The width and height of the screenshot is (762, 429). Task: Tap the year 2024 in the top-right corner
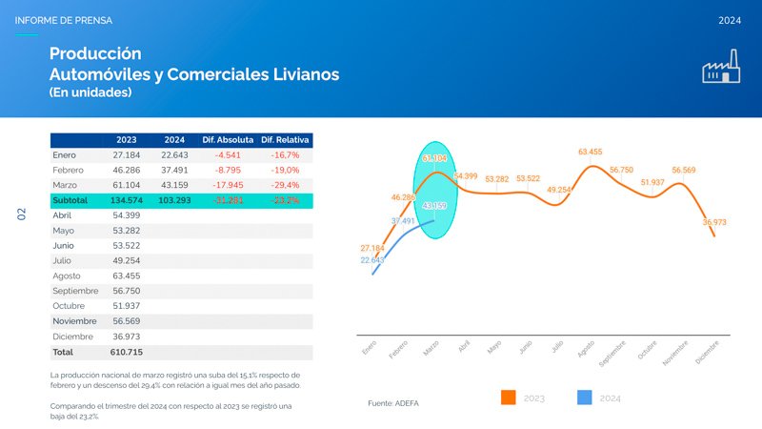click(x=730, y=20)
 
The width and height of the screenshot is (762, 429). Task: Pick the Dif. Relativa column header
click(x=285, y=139)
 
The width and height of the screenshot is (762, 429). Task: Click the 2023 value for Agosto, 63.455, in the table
click(x=127, y=276)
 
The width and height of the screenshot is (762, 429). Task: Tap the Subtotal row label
click(x=70, y=200)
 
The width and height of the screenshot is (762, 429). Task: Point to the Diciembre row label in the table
click(x=73, y=337)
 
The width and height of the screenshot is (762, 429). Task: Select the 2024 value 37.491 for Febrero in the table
click(x=174, y=170)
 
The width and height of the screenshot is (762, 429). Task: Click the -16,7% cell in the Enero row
click(x=285, y=154)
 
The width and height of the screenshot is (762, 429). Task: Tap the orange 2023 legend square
click(x=508, y=398)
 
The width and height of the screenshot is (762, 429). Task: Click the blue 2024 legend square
click(x=586, y=398)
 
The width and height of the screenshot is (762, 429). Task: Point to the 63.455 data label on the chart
click(x=590, y=152)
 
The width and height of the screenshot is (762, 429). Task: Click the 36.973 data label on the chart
click(x=714, y=222)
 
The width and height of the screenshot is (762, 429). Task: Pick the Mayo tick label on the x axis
click(x=494, y=349)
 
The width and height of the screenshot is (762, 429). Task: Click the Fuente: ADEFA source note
click(x=392, y=403)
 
